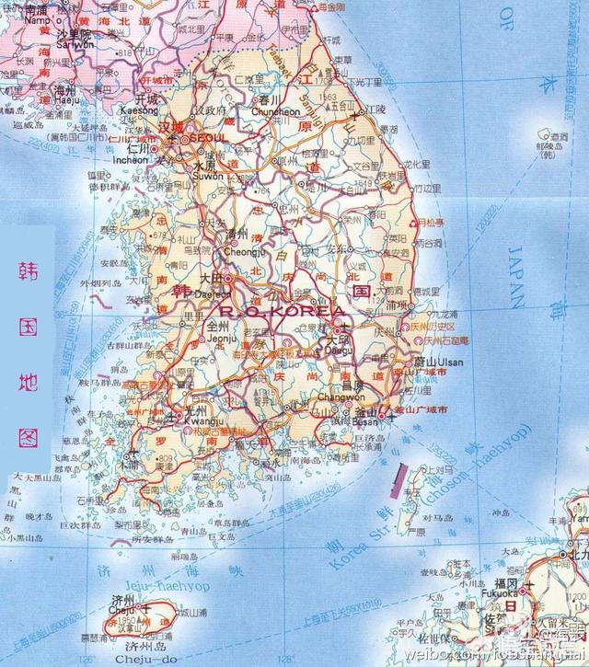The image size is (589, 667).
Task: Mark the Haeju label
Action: click(64, 101)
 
